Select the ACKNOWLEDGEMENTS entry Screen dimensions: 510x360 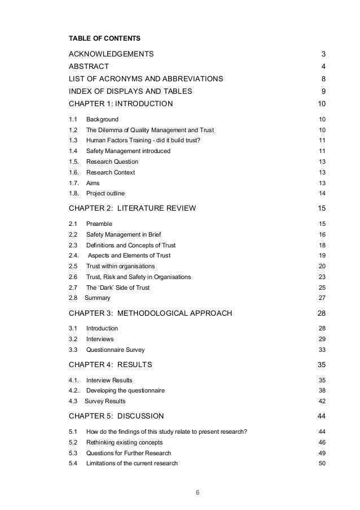pos(111,54)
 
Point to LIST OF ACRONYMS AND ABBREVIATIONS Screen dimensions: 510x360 pos(146,79)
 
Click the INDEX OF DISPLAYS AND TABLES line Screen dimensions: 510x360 pos(130,91)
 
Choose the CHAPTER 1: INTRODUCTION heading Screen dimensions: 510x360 pos(121,104)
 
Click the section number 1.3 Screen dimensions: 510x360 pos(73,141)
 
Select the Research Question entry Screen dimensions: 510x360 pos(112,162)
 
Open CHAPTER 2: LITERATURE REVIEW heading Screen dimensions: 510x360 pos(132,208)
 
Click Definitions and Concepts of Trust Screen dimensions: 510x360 pos(131,245)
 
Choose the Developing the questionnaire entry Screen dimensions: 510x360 pos(126,390)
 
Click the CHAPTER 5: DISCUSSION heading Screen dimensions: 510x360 pos(116,417)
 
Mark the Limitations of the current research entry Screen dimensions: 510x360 pos(132,464)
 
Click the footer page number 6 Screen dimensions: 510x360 pos(197,491)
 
